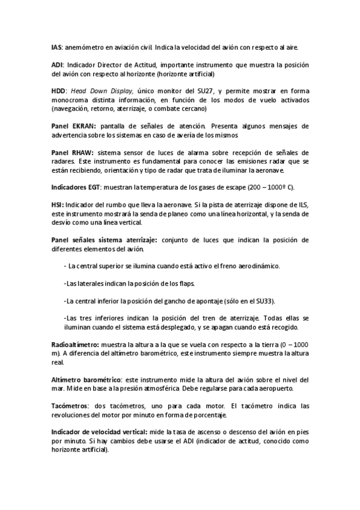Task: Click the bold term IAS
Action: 56,47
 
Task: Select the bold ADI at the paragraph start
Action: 56,63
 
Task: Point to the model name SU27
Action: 198,90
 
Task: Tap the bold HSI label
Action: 56,204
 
